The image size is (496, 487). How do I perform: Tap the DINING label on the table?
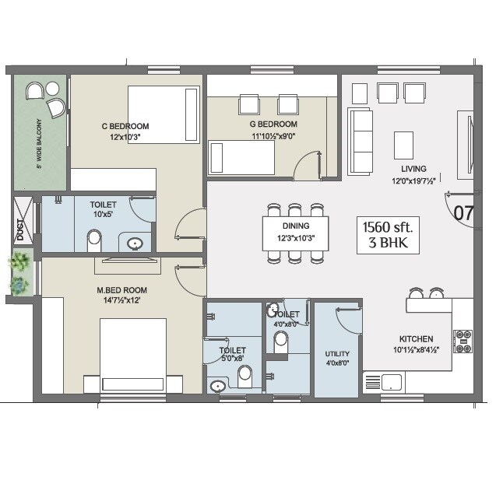coord(296,226)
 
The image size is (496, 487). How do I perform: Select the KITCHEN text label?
coord(416,339)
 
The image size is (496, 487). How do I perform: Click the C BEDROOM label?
coord(125,126)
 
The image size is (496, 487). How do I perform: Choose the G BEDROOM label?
coord(273,124)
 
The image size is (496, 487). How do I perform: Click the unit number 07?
coord(464,212)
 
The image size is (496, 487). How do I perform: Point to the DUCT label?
coord(20,230)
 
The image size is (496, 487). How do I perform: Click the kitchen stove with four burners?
coord(463,341)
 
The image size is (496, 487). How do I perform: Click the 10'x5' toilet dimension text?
coord(104,214)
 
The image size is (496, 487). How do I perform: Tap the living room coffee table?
coord(403,145)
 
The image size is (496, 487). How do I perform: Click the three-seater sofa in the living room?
coord(361,141)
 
